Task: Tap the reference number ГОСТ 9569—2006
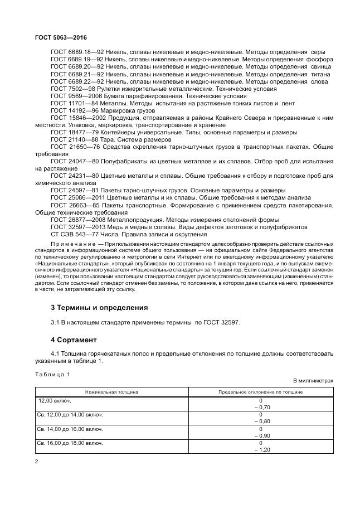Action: (73, 95)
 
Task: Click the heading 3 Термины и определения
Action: (99, 307)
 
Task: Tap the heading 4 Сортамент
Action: (74, 339)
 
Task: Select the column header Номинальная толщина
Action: (111, 392)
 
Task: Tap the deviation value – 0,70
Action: (260, 408)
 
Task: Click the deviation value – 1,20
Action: (260, 449)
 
